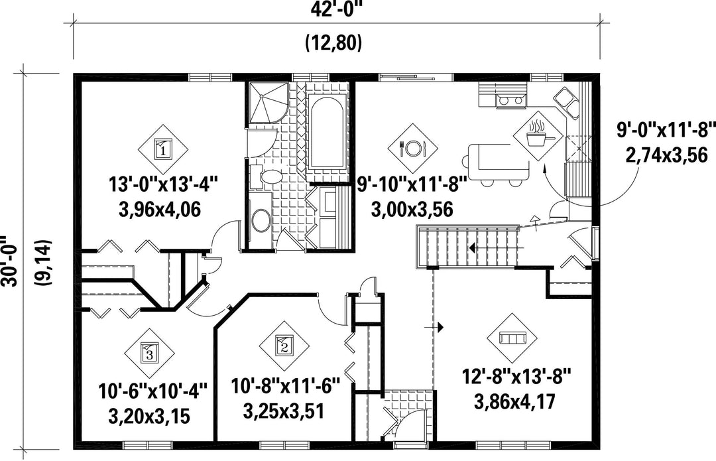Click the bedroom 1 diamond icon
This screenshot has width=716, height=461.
click(163, 148)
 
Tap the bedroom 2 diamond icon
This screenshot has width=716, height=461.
click(284, 346)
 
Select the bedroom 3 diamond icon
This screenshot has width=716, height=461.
click(149, 353)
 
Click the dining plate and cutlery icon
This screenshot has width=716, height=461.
click(413, 148)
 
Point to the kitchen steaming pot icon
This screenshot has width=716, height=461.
click(539, 134)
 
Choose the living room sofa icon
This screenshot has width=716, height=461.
click(512, 338)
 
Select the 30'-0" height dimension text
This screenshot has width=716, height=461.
click(9, 261)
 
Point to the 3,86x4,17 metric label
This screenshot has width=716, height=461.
click(515, 402)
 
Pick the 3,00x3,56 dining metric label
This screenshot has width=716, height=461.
click(412, 210)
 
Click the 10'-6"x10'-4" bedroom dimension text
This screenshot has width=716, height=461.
click(153, 391)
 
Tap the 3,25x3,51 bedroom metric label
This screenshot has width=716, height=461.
click(284, 411)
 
